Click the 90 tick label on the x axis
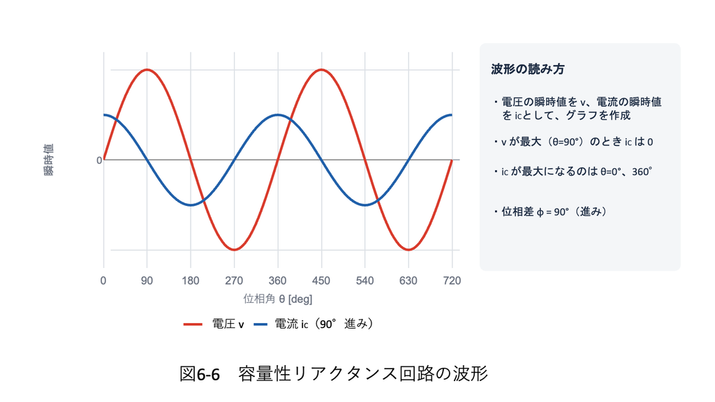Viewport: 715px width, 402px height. click(147, 281)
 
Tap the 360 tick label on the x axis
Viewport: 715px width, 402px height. click(278, 281)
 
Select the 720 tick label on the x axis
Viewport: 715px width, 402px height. click(452, 281)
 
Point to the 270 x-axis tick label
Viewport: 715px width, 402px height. click(234, 281)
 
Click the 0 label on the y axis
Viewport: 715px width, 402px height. click(99, 161)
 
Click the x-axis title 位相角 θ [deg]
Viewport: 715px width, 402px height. click(278, 299)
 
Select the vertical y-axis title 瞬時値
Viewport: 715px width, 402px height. click(48, 160)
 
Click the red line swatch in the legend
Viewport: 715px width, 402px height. click(193, 325)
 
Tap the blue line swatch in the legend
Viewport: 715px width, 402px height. click(260, 325)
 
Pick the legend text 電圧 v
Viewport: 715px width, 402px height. click(228, 324)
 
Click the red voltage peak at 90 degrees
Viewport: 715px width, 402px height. click(147, 70)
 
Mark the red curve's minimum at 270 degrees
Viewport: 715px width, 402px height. click(234, 250)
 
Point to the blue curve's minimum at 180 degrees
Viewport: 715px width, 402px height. click(191, 205)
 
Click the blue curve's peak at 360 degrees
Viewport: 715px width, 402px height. click(278, 115)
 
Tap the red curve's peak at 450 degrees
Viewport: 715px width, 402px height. click(321, 70)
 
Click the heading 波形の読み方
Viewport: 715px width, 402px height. click(528, 69)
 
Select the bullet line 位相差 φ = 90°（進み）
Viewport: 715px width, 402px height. click(552, 211)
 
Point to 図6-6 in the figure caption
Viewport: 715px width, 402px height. click(200, 374)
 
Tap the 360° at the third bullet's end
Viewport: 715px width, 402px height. click(642, 172)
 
